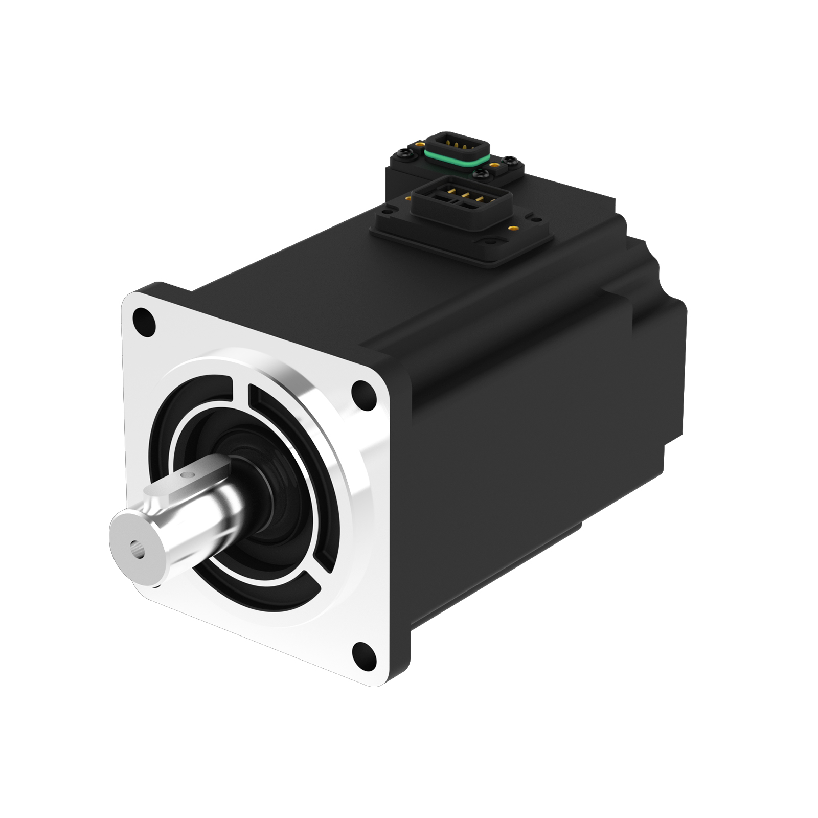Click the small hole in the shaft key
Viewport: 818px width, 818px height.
[190, 475]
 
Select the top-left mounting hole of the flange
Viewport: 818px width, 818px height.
[143, 321]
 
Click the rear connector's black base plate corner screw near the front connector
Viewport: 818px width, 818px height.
[481, 173]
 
